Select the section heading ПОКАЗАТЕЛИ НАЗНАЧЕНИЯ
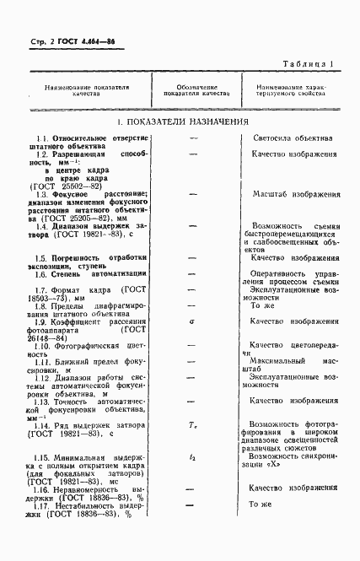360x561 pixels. (x=181, y=123)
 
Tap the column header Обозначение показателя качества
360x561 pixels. (x=192, y=90)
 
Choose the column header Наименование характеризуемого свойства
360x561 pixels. (x=291, y=90)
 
